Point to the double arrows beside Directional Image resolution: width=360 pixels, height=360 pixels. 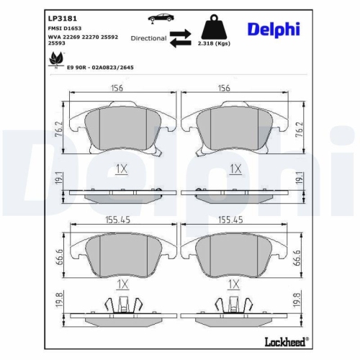tap(181, 38)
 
